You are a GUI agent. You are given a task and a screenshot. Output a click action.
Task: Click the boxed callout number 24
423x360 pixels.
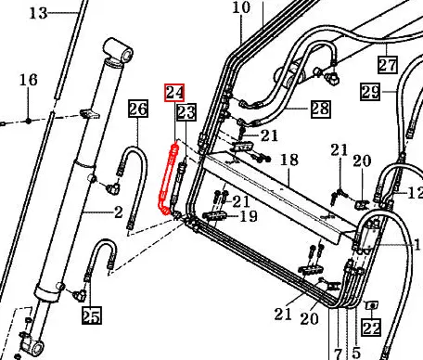coord(174,92)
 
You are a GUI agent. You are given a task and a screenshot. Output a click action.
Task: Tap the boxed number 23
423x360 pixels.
coord(186,112)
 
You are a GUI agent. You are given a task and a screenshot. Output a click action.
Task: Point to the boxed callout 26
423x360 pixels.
coord(137,109)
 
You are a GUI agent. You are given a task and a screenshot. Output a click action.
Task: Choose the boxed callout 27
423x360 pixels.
coord(387,65)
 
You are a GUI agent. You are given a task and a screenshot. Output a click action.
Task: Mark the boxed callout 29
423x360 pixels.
coord(370,92)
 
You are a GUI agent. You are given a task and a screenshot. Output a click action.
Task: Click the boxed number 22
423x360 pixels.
coord(371,327)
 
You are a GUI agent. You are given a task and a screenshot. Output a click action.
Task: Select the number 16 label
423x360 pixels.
coord(29,81)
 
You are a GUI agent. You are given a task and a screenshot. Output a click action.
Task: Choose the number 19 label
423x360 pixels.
coord(248,217)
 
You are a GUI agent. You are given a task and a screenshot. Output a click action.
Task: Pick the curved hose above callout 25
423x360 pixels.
coord(100,255)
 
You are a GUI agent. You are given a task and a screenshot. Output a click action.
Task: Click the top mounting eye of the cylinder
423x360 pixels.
coord(116,48)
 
